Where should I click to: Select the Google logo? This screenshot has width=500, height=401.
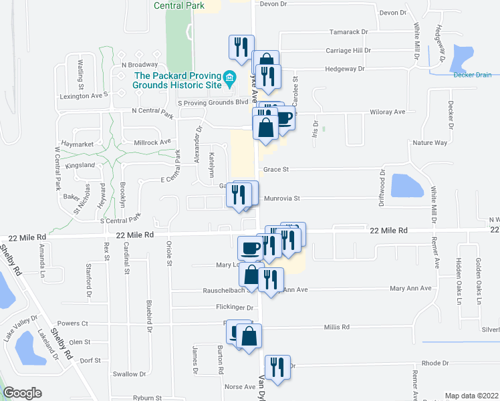point(22,393)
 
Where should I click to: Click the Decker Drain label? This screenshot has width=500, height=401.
point(472,75)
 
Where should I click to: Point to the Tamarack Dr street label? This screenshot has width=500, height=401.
point(348,32)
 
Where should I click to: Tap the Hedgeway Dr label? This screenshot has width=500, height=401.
point(344,69)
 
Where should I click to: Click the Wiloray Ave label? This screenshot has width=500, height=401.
point(388,112)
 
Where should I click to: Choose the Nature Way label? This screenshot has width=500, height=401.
point(429,143)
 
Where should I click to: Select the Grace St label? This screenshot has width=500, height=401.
point(275,170)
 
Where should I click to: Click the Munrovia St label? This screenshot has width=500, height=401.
point(282,198)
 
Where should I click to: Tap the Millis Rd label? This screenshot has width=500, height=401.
point(337,327)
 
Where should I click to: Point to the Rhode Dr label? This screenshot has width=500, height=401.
point(435,363)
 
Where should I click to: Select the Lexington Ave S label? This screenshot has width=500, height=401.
point(84,96)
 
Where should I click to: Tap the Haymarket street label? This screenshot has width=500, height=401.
point(76,144)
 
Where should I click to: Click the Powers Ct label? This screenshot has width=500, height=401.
point(73,323)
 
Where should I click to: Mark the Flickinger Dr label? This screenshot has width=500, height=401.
point(235,308)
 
